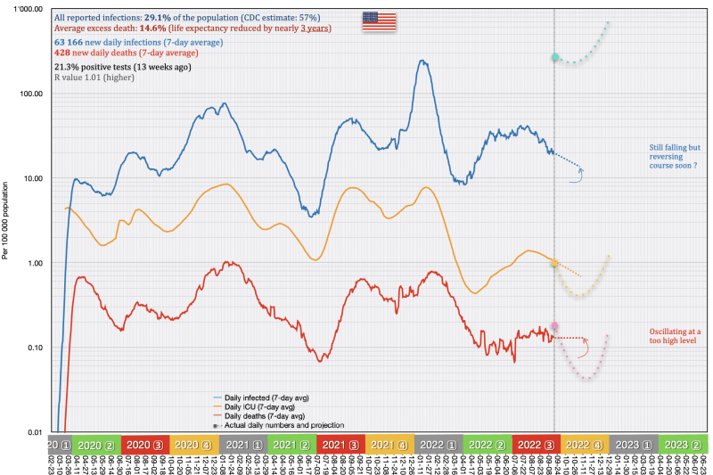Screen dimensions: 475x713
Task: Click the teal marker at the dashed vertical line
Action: [x=554, y=57]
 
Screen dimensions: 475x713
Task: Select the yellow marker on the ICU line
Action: [x=554, y=264]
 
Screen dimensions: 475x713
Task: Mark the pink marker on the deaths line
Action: [x=554, y=326]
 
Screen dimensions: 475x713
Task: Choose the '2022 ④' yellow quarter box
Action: [x=583, y=445]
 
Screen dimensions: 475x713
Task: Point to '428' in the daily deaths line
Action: [x=62, y=53]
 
